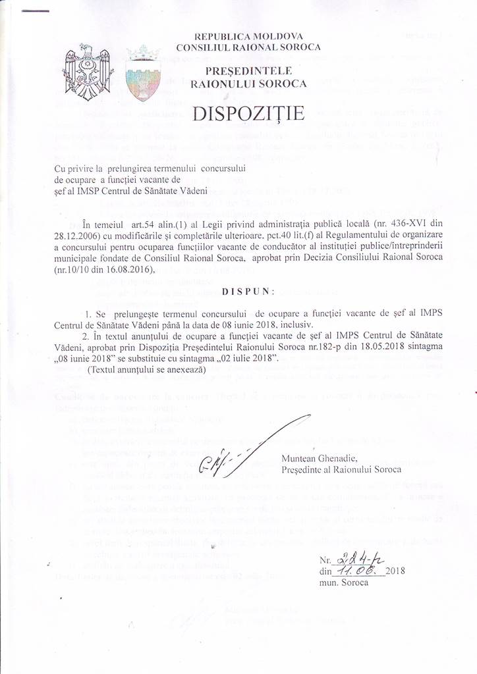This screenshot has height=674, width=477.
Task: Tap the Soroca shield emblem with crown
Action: pyautogui.click(x=142, y=72)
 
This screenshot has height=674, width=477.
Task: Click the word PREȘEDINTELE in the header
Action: pyautogui.click(x=248, y=71)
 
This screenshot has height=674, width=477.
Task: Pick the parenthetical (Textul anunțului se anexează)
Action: pyautogui.click(x=146, y=370)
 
